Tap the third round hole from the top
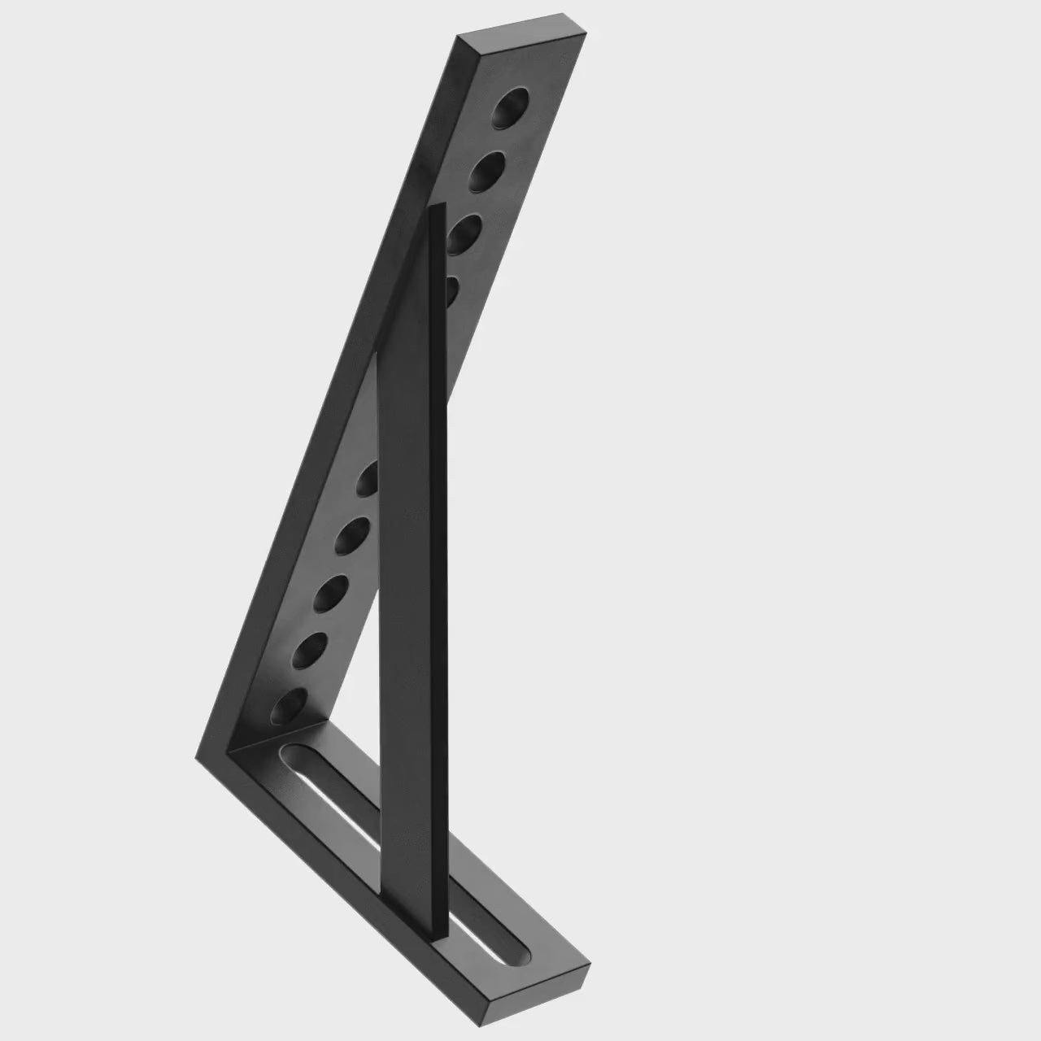pyautogui.click(x=462, y=233)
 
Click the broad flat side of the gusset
pyautogui.click(x=411, y=569)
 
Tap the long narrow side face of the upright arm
pyautogui.click(x=325, y=407)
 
